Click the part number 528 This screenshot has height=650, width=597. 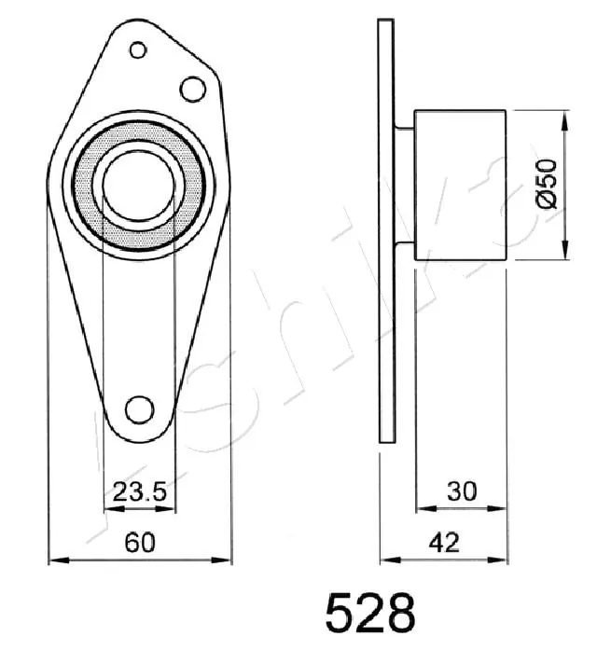(x=369, y=615)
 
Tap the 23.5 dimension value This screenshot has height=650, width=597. (x=138, y=491)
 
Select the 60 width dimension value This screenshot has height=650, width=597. (x=140, y=542)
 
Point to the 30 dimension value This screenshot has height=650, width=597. (x=461, y=491)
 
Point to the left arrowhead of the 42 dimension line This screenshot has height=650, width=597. (x=385, y=560)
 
